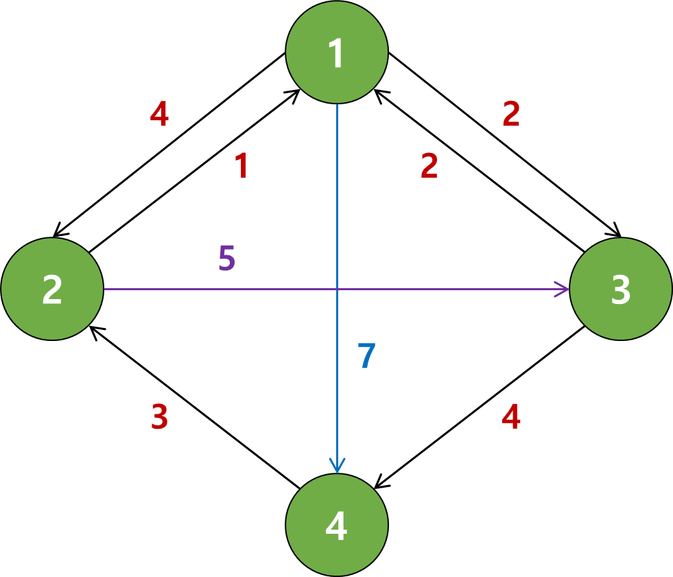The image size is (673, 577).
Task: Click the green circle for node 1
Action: (x=337, y=52)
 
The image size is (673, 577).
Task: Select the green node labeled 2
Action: (x=52, y=289)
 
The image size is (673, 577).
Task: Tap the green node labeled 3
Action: (x=621, y=289)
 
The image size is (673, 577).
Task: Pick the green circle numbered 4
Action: (x=337, y=525)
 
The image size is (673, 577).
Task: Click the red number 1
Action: (x=241, y=166)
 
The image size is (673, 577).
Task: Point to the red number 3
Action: (x=159, y=417)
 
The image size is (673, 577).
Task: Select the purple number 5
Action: (x=226, y=259)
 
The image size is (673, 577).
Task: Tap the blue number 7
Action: (x=366, y=357)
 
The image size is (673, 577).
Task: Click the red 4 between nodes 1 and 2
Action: (x=159, y=115)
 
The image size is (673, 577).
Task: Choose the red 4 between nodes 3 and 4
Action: (x=511, y=417)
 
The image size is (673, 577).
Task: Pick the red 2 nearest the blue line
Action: (x=429, y=166)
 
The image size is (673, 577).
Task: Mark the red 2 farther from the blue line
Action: (x=511, y=115)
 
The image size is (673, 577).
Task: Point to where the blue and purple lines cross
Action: (x=337, y=289)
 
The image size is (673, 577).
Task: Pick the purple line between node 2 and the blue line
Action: (x=220, y=289)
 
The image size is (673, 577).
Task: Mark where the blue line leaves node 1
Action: (x=337, y=105)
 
